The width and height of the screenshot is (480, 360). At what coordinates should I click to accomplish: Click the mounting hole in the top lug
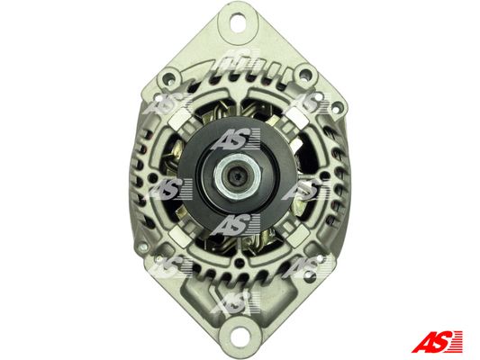(238, 22)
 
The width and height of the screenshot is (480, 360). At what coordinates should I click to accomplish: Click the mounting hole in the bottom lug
(238, 333)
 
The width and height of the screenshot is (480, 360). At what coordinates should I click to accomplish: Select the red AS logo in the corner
(437, 341)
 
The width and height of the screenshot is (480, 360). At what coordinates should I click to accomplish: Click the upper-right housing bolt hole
(305, 74)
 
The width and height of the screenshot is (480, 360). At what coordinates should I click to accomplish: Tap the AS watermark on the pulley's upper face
(236, 139)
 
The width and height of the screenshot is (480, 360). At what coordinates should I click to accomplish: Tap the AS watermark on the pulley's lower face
(236, 225)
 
